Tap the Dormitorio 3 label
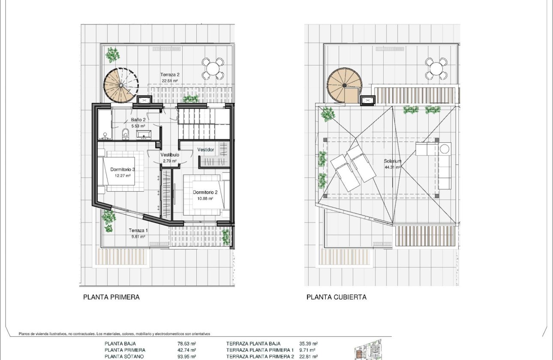pyautogui.click(x=122, y=169)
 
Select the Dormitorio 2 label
pyautogui.click(x=205, y=192)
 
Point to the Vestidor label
pyautogui.click(x=205, y=150)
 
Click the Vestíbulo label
pyautogui.click(x=170, y=155)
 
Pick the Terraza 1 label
pyautogui.click(x=138, y=231)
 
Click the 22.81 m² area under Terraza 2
pyautogui.click(x=170, y=80)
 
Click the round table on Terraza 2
pyautogui.click(x=213, y=69)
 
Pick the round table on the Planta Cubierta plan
pyautogui.click(x=436, y=69)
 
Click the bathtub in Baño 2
pyautogui.click(x=105, y=125)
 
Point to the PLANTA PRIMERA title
pyautogui.click(x=111, y=297)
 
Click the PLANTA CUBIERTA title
pyautogui.click(x=336, y=297)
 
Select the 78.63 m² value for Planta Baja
pyautogui.click(x=186, y=344)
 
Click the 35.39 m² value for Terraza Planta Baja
pyautogui.click(x=308, y=344)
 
